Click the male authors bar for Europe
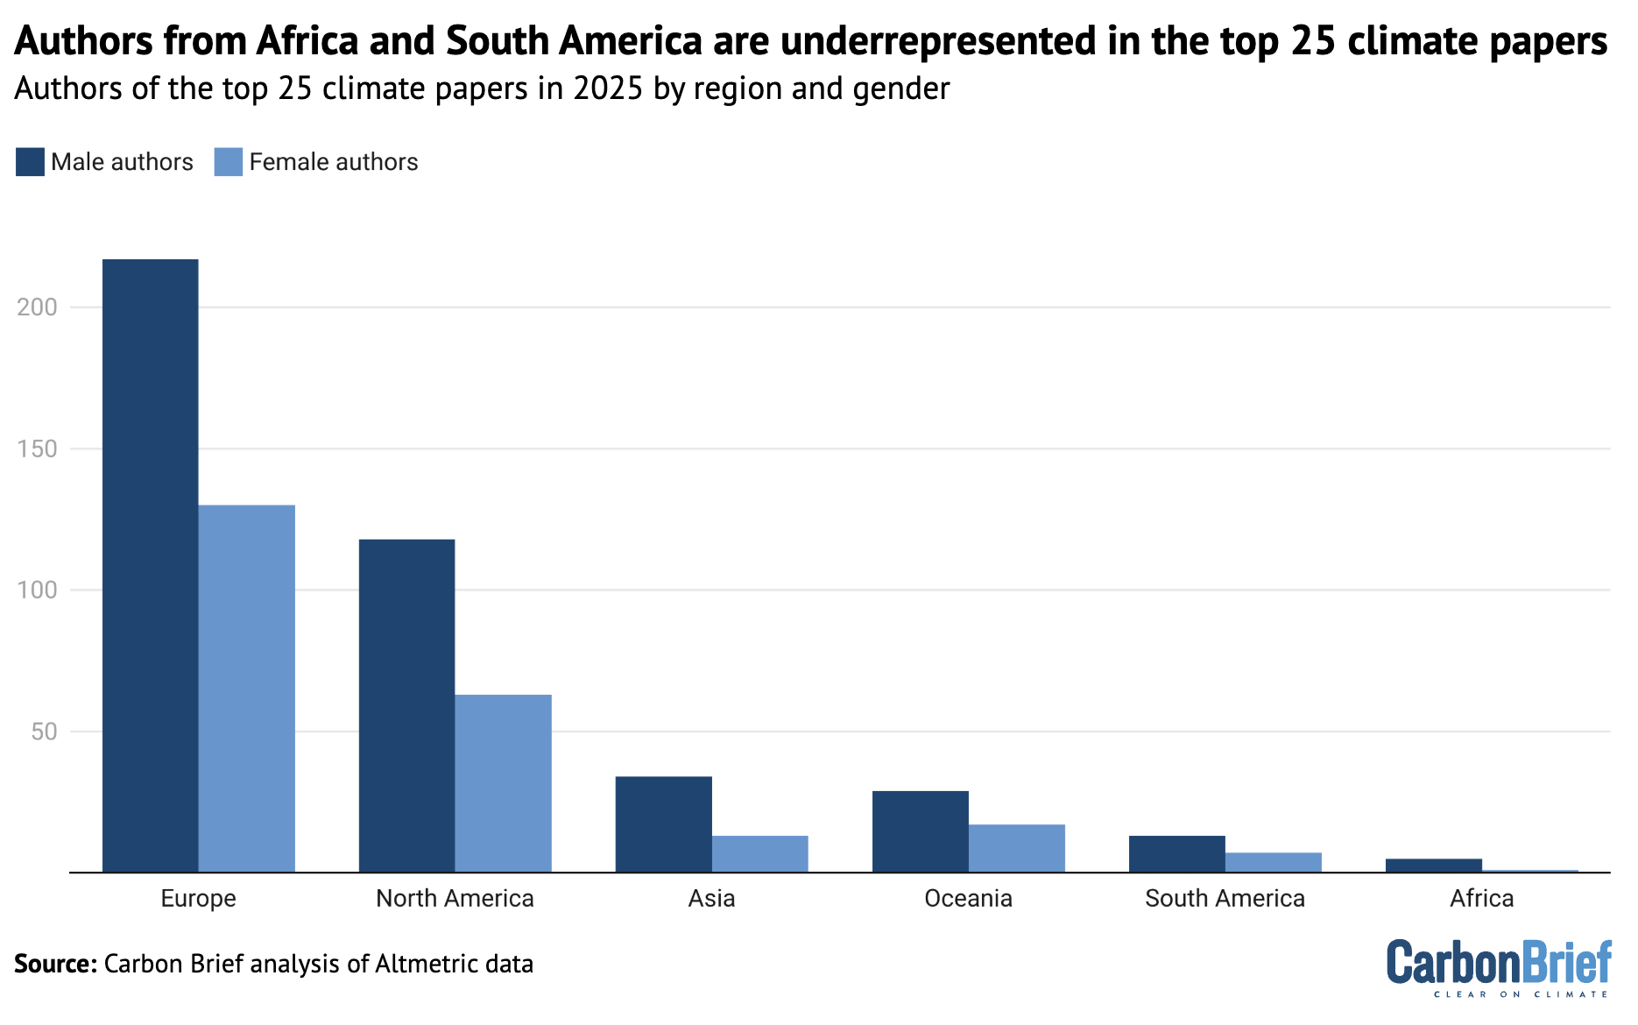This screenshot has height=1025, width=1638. (150, 565)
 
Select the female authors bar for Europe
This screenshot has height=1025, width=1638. (246, 688)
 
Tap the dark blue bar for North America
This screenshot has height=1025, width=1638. (406, 705)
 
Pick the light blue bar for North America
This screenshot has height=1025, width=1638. (503, 783)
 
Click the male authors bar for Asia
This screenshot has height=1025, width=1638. (663, 824)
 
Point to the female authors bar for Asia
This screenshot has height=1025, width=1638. (759, 853)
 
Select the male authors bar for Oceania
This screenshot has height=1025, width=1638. (920, 831)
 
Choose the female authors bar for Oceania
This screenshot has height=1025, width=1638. (1016, 847)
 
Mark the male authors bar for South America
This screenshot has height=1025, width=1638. (1176, 853)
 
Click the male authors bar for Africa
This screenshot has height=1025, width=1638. (1433, 865)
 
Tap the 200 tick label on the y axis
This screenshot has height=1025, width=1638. (37, 307)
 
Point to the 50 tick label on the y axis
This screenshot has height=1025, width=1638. (44, 732)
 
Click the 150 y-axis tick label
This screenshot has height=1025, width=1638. (37, 449)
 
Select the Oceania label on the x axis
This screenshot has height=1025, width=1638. (968, 899)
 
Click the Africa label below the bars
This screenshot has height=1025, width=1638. (1481, 899)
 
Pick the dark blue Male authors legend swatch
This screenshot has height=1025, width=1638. (30, 162)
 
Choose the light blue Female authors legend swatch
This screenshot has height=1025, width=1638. (228, 162)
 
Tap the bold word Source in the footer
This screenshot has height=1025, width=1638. (54, 965)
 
